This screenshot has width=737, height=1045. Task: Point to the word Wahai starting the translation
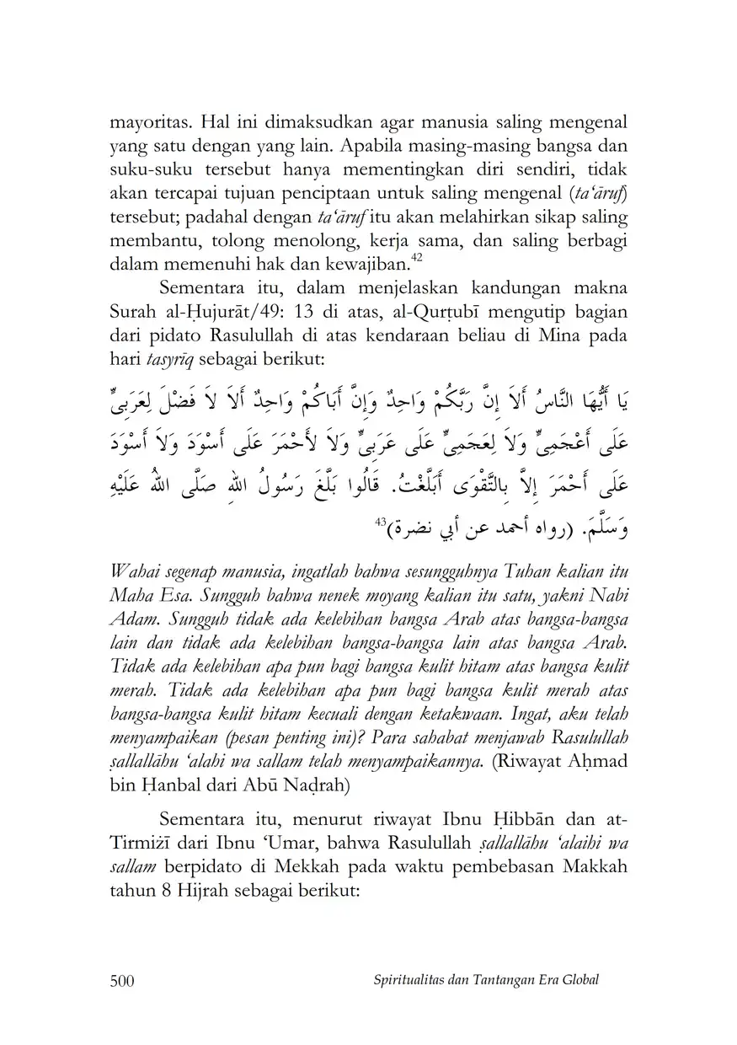133,573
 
